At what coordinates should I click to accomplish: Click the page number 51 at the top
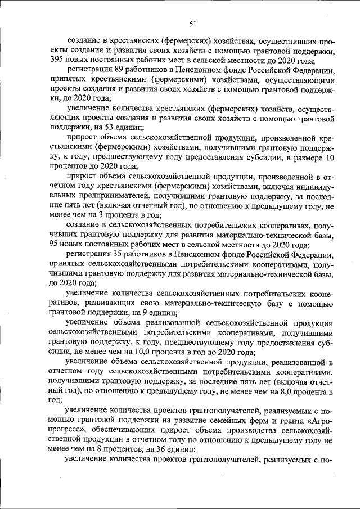click(x=192, y=23)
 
